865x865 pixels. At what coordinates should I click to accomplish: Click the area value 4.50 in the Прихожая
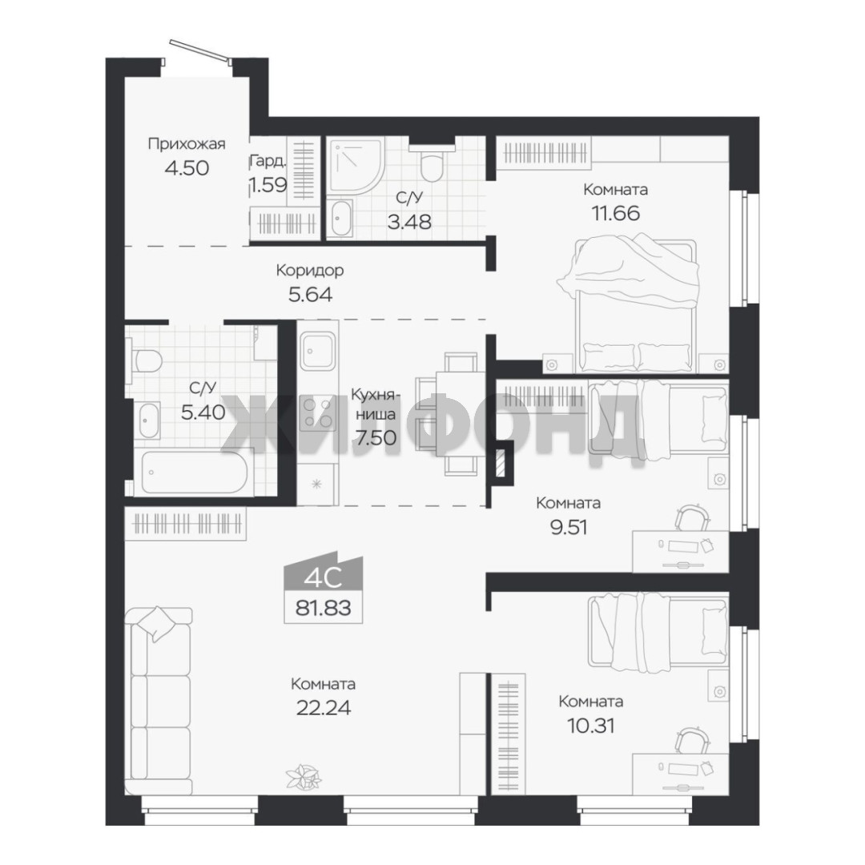click(x=187, y=167)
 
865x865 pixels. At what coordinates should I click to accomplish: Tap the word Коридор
click(x=309, y=271)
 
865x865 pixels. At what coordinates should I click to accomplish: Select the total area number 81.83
click(x=324, y=608)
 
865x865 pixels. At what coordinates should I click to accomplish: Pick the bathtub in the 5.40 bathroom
click(x=194, y=473)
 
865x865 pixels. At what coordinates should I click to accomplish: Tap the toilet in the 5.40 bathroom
click(x=146, y=360)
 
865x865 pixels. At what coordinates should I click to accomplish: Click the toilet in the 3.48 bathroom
click(x=432, y=163)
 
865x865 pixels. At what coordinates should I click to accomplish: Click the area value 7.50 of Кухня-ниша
click(x=376, y=437)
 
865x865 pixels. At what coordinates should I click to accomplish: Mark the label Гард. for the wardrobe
click(x=268, y=161)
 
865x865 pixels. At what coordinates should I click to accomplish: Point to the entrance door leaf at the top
click(x=199, y=49)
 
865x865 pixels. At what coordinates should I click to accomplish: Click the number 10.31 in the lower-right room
click(x=591, y=726)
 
